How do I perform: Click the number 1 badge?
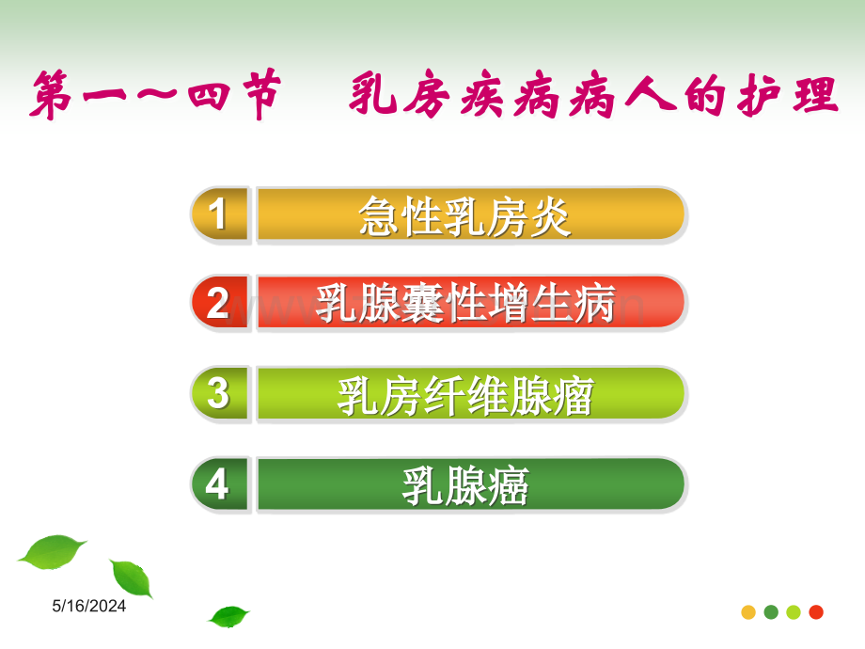click(x=219, y=214)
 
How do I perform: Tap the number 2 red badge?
click(x=219, y=303)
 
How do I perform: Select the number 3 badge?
click(x=219, y=393)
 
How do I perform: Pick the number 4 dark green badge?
click(x=219, y=484)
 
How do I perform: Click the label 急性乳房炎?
click(x=464, y=216)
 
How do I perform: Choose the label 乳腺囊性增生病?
click(x=465, y=303)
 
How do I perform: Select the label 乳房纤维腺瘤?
click(x=465, y=395)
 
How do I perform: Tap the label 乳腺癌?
click(x=465, y=485)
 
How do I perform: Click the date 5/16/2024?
click(x=88, y=606)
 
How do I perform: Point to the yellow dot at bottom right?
click(x=748, y=612)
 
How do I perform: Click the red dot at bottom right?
click(x=816, y=612)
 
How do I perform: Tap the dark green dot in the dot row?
click(x=771, y=612)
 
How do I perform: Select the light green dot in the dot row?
click(x=794, y=612)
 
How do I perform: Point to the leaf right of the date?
click(x=133, y=578)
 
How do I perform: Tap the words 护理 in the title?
click(x=787, y=96)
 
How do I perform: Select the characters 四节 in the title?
click(x=234, y=94)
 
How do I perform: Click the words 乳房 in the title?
click(x=400, y=94)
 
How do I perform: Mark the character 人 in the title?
click(x=651, y=94)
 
